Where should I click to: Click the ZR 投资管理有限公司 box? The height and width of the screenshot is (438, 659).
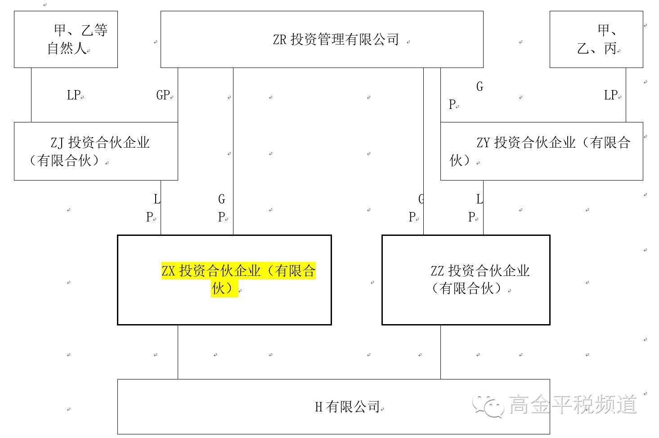322,40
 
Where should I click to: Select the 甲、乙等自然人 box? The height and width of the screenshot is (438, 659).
66,40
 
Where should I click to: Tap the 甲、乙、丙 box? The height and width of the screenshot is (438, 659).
596,40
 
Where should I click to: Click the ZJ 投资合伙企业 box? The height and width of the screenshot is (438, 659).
96,151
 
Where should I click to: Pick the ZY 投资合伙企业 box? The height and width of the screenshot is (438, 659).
541,151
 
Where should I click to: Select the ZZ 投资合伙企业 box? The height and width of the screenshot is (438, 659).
466,280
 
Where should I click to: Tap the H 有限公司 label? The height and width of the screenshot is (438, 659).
347,407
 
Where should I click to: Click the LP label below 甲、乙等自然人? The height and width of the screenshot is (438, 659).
74,95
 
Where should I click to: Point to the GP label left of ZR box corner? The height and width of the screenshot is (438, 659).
163,95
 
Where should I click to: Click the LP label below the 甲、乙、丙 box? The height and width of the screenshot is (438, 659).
611,95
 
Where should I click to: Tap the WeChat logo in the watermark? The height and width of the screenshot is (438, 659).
488,405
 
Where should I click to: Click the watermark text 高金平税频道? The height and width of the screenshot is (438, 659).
573,404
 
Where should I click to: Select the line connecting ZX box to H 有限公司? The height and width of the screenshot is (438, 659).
178,352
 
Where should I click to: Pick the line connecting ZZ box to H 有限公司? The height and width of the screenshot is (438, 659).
440,352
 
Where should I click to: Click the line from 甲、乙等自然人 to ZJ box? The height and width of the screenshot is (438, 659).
31,95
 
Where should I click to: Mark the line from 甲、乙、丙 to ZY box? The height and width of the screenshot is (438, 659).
626,95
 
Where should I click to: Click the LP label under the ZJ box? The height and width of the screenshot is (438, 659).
152,208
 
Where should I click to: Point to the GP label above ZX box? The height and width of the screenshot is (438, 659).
222,208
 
